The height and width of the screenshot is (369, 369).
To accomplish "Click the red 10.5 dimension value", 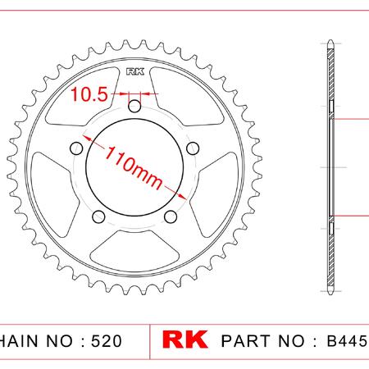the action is coord(89,94).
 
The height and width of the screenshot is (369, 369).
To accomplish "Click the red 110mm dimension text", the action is coord(134,168).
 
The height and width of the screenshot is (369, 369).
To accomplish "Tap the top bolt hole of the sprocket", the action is coord(134,107).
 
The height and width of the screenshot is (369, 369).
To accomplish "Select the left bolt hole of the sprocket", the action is coord(76,148).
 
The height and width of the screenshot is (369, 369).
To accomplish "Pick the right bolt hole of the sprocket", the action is coord(193,148).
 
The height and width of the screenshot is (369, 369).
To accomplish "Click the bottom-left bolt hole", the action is coord(98,216).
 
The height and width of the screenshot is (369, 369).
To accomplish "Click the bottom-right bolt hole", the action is coord(171,216).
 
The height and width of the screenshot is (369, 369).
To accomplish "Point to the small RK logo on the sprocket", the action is coord(135,72).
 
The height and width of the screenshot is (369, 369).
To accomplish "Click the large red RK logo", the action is coord(184,339).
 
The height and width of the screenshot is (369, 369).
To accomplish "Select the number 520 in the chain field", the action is coord(107,341).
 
